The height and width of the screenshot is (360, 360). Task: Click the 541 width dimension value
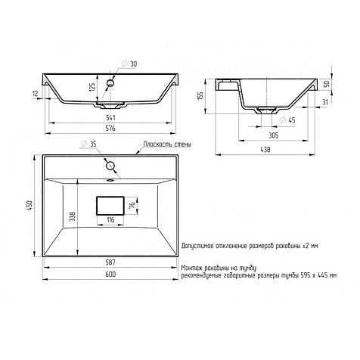tap(110, 117)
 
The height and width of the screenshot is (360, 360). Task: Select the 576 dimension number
tap(110, 128)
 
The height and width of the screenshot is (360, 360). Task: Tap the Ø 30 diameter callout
tap(129, 64)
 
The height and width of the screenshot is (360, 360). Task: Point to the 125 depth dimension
tap(92, 87)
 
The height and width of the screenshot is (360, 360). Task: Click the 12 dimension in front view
tap(35, 94)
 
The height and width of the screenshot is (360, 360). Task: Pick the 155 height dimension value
tap(200, 96)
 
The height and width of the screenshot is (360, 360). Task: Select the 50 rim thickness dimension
tap(327, 84)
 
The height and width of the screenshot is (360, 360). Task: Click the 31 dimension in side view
tap(325, 102)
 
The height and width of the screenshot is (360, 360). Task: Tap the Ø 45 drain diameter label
tap(287, 120)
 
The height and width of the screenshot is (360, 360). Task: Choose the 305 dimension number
tap(273, 135)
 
